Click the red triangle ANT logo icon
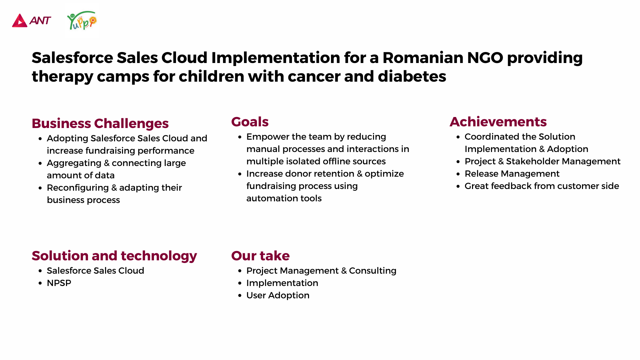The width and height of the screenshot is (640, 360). click(x=20, y=21)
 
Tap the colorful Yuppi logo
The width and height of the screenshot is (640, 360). click(x=82, y=21)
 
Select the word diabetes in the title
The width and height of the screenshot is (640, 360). click(x=412, y=76)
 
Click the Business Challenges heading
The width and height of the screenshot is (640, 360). click(x=100, y=123)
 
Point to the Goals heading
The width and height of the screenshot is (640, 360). click(x=250, y=122)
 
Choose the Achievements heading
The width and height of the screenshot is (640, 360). click(x=498, y=122)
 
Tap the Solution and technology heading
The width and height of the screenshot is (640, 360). click(x=114, y=256)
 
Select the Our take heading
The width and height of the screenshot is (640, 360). click(x=260, y=256)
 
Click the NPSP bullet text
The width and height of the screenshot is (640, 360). click(x=59, y=283)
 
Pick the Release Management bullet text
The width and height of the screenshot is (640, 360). click(x=512, y=174)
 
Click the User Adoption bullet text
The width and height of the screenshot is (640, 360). click(x=278, y=295)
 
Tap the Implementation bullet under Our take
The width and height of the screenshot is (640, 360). click(x=282, y=283)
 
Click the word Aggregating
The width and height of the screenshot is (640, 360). click(x=74, y=163)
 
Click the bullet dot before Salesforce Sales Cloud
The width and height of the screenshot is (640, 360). click(x=40, y=271)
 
